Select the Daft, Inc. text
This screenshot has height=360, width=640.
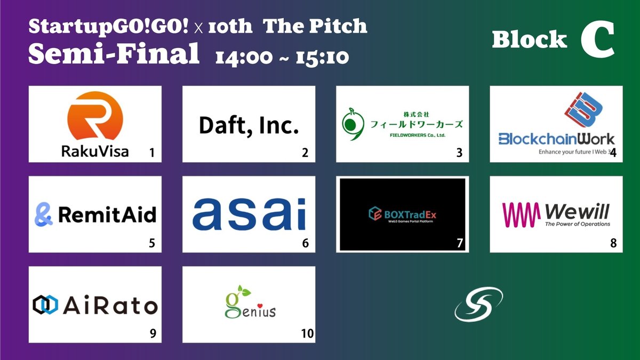coord(249,125)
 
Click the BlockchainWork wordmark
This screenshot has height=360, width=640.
coord(556,139)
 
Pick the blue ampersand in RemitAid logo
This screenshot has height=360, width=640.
coord(45,214)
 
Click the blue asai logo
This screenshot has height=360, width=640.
coord(249,214)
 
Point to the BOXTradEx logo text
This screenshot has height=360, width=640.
coord(408,214)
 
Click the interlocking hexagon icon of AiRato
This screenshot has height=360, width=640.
coord(45,305)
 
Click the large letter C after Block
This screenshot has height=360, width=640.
coord(597,42)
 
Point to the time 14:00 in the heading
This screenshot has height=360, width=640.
coord(243,56)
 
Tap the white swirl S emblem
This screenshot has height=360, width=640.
coord(479,305)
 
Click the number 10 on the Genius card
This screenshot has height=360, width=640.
coord(307,334)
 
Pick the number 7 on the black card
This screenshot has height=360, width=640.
coord(460,244)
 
